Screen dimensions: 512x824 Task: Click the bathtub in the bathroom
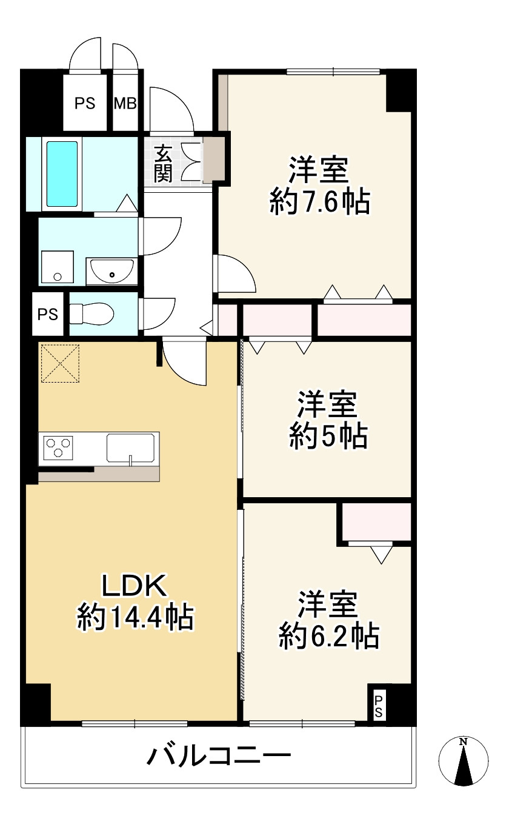tap(62, 174)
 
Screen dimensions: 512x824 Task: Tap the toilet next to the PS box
tap(91, 313)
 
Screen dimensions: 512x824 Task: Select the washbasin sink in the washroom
tap(111, 272)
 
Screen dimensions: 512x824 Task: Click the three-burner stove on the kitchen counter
tap(58, 447)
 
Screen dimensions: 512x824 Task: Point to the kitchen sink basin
tap(130, 447)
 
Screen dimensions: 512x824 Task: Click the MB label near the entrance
tap(125, 103)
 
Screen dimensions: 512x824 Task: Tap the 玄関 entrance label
tap(163, 164)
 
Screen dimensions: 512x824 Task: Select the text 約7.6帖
tap(320, 201)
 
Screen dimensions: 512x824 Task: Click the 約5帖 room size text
tap(328, 437)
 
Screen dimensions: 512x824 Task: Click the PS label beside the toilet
tap(48, 315)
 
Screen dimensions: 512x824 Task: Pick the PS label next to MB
tap(85, 103)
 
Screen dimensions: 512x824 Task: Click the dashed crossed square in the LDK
tap(60, 363)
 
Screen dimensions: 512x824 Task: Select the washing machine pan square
tap(58, 267)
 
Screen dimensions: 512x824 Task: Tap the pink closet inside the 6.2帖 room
tap(376, 522)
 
